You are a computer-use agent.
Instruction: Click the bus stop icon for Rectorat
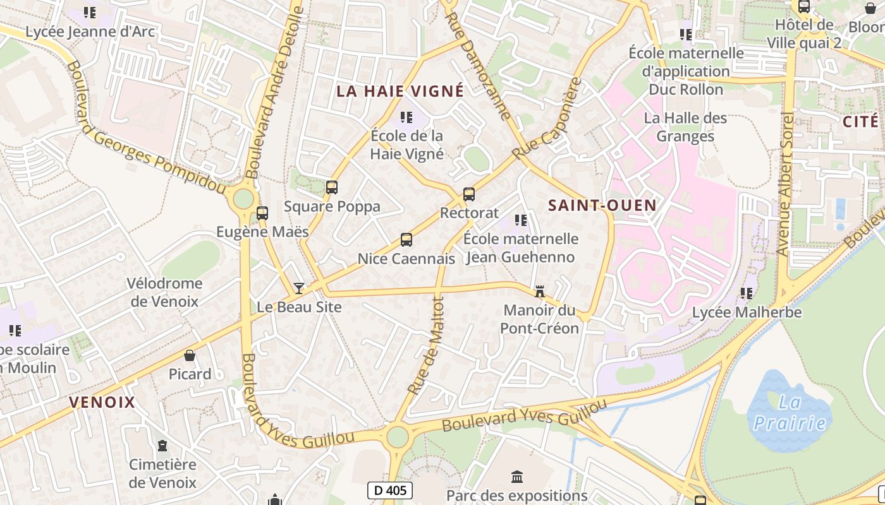coord(468,194)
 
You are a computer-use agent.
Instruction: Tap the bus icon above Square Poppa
coord(331,187)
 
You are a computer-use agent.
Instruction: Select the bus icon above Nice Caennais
coord(406,240)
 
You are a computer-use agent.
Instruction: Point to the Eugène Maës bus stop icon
coord(262,213)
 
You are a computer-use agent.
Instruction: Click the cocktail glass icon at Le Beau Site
coord(299,288)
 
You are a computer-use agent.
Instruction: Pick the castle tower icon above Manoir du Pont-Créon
coord(540,292)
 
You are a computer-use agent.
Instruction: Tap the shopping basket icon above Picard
coord(190,355)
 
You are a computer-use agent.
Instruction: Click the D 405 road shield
coord(390,490)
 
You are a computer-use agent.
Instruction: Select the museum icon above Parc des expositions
coord(517,477)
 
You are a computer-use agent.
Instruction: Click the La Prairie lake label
coord(790,412)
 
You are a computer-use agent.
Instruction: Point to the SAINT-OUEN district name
coord(602,205)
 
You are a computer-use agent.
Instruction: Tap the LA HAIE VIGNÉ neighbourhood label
coord(400,91)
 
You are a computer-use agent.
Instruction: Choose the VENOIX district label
coord(102,402)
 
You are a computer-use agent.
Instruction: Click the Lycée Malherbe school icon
coord(747,294)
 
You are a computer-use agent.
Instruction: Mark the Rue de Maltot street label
coord(427,346)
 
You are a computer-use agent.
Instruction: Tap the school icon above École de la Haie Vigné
coord(407,117)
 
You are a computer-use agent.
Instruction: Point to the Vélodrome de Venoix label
coord(164,292)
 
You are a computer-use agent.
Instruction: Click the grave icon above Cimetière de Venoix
coord(162,446)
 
